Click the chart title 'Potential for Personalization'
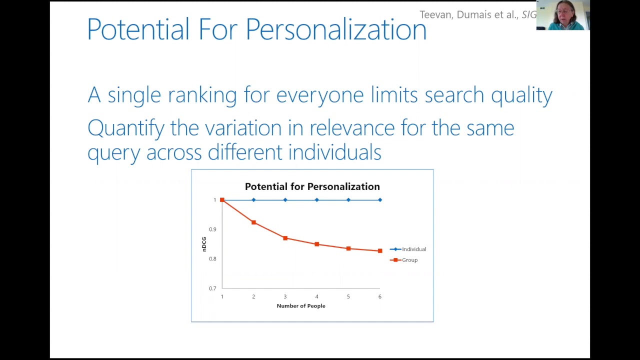click(x=312, y=186)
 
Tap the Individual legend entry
click(x=413, y=249)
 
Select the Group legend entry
click(x=409, y=260)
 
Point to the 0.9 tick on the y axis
click(x=213, y=229)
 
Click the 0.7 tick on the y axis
click(x=213, y=288)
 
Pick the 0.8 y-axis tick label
click(x=213, y=259)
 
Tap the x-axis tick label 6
click(x=379, y=296)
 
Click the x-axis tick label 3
click(x=285, y=296)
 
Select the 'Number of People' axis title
click(x=301, y=306)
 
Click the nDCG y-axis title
click(x=204, y=244)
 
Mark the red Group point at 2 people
click(x=253, y=222)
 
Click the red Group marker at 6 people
click(x=380, y=250)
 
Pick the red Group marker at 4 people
click(x=316, y=244)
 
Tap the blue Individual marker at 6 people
click(x=380, y=200)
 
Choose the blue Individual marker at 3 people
click(x=285, y=200)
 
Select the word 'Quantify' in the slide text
click(x=125, y=128)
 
